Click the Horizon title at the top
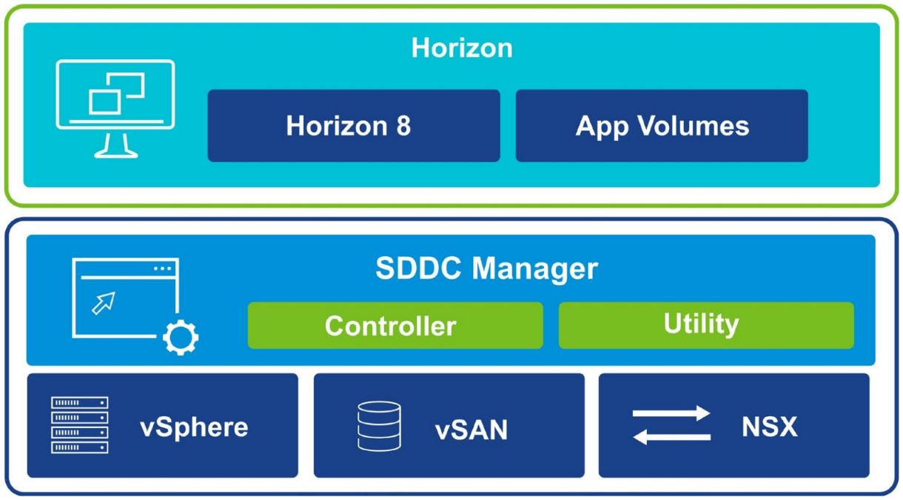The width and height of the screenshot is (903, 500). (x=461, y=48)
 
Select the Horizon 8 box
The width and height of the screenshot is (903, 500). (x=354, y=126)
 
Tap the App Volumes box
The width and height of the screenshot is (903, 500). (x=662, y=126)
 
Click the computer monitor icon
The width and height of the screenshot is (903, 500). (x=115, y=108)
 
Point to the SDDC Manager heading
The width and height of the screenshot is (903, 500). (x=486, y=269)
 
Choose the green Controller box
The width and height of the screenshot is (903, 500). (x=395, y=325)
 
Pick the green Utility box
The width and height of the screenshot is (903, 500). (x=705, y=324)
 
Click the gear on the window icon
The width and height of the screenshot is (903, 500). (x=181, y=338)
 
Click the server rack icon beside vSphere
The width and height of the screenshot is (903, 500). (x=80, y=425)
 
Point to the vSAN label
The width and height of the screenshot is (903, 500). (x=471, y=430)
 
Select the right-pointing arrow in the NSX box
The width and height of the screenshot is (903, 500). (x=671, y=413)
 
